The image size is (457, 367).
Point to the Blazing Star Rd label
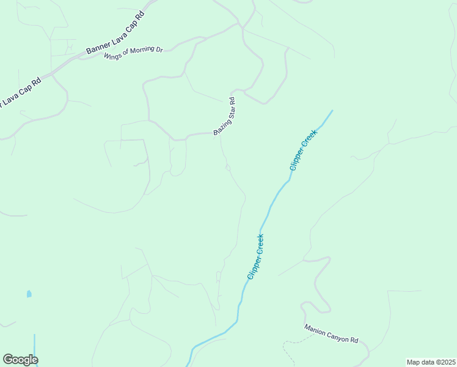click(224, 116)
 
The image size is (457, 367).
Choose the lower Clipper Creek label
click(255, 258)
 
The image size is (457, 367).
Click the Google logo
click(20, 360)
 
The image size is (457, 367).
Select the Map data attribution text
click(430, 362)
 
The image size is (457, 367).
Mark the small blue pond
click(29, 294)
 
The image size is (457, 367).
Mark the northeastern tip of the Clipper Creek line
click(332, 111)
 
